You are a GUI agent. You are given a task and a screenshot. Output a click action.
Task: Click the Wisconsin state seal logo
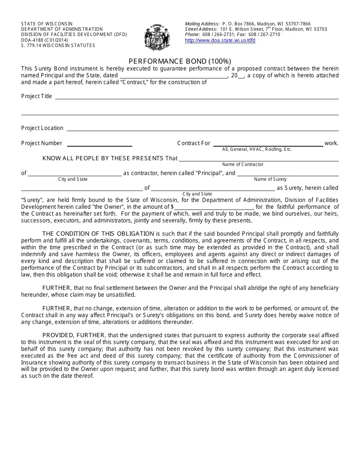click(x=156, y=37)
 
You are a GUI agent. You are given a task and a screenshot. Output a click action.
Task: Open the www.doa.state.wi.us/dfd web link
click(x=220, y=41)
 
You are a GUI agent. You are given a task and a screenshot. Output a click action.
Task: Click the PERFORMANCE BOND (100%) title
click(x=180, y=61)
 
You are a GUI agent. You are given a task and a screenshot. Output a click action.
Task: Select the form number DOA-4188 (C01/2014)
click(x=44, y=40)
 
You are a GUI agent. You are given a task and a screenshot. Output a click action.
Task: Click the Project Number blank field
click(x=99, y=144)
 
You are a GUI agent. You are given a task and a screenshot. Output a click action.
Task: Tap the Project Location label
click(x=42, y=128)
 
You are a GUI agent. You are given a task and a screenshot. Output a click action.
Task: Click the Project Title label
click(x=36, y=96)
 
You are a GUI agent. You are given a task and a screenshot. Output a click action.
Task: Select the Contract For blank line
click(x=268, y=144)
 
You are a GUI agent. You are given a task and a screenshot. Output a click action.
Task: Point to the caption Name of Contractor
click(x=243, y=164)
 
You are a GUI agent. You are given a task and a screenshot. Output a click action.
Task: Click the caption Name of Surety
click(x=270, y=179)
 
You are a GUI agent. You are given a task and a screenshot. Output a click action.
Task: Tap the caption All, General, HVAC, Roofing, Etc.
click(x=257, y=149)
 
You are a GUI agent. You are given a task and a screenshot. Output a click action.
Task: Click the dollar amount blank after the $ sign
click(x=214, y=207)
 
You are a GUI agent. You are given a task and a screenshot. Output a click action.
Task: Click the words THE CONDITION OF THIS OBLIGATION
click(x=98, y=234)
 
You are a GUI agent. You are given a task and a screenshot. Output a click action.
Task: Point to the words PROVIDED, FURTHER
click(x=75, y=335)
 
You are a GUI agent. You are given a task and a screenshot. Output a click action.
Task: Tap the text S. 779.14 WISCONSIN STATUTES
click(x=58, y=45)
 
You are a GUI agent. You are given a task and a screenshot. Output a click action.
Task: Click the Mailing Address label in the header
click(x=202, y=24)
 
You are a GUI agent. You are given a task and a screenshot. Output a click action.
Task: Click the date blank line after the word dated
click(x=174, y=76)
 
